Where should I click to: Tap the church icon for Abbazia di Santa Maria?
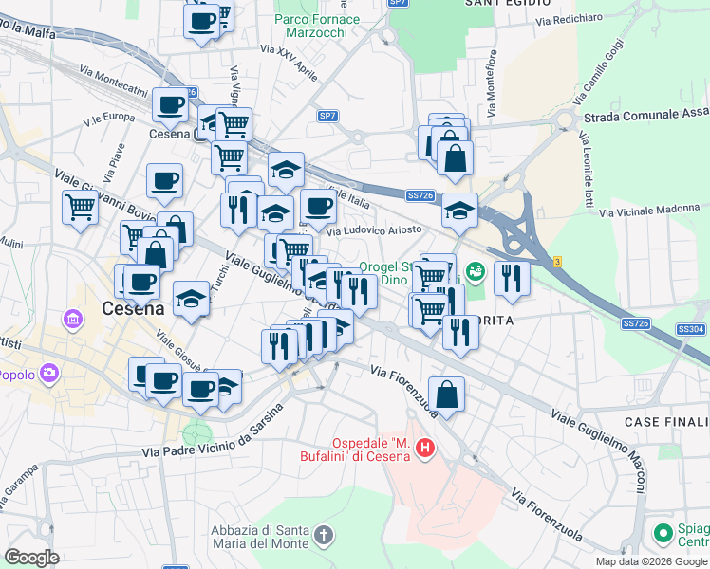[x=324, y=537]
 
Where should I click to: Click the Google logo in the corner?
[x=31, y=558]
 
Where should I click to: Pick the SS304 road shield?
[x=691, y=329]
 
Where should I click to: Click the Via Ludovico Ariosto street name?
[x=374, y=230]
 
